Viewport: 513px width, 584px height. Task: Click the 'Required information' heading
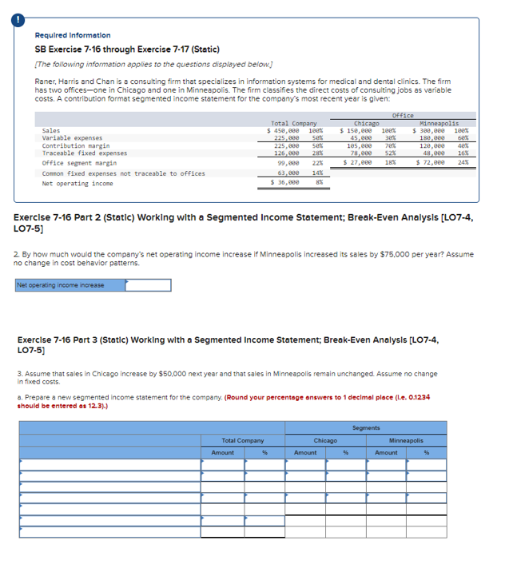coord(73,35)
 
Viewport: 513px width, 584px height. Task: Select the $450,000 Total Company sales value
coord(284,130)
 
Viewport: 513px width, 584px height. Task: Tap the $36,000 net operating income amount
coord(285,182)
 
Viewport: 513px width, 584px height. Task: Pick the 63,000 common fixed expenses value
coord(288,173)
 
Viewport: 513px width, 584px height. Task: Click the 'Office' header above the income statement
coord(403,115)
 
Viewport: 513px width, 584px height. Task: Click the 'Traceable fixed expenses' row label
coord(84,153)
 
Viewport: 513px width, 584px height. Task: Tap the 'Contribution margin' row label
coord(76,145)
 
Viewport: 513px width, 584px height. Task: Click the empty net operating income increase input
coord(148,285)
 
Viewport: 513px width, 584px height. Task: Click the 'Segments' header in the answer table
coord(366,427)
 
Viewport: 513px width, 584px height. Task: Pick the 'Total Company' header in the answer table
coord(242,440)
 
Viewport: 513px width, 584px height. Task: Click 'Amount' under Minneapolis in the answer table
coord(387,452)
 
